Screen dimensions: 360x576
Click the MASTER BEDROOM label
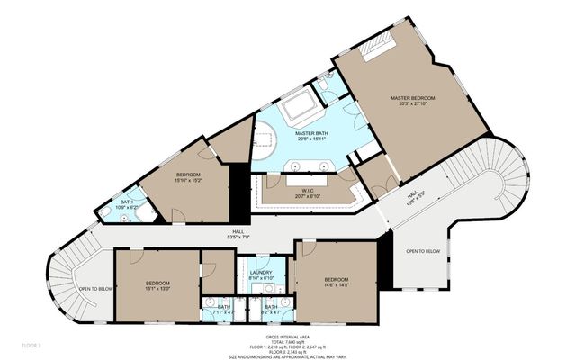412,97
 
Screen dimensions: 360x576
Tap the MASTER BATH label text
310,134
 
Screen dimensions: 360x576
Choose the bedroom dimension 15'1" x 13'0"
157,290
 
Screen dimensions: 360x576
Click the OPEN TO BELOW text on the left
95,289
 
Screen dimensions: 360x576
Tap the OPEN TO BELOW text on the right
422,251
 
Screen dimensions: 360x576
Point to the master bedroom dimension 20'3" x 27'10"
412,103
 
